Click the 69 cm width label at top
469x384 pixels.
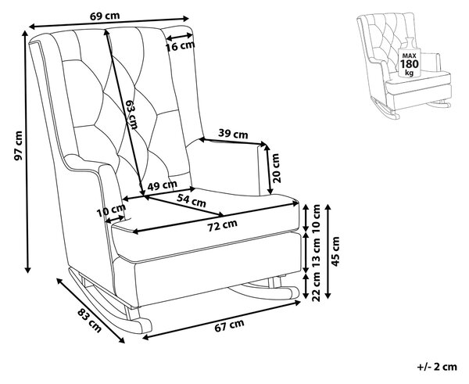105,16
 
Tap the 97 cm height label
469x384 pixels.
18,145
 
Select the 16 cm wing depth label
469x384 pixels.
181,46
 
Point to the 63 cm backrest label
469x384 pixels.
131,114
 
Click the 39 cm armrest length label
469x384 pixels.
233,134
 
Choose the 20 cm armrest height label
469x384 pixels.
276,168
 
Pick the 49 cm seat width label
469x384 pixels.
163,185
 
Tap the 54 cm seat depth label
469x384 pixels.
192,200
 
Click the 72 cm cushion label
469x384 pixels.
223,225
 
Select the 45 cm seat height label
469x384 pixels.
335,251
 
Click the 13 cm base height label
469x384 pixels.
316,253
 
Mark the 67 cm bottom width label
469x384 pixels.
229,325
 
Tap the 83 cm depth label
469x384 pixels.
89,320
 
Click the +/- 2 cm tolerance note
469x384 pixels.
437,367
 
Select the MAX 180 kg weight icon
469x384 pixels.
409,61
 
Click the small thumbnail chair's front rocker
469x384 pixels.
385,109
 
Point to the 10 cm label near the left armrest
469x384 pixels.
111,210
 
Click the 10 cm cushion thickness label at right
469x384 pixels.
316,219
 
